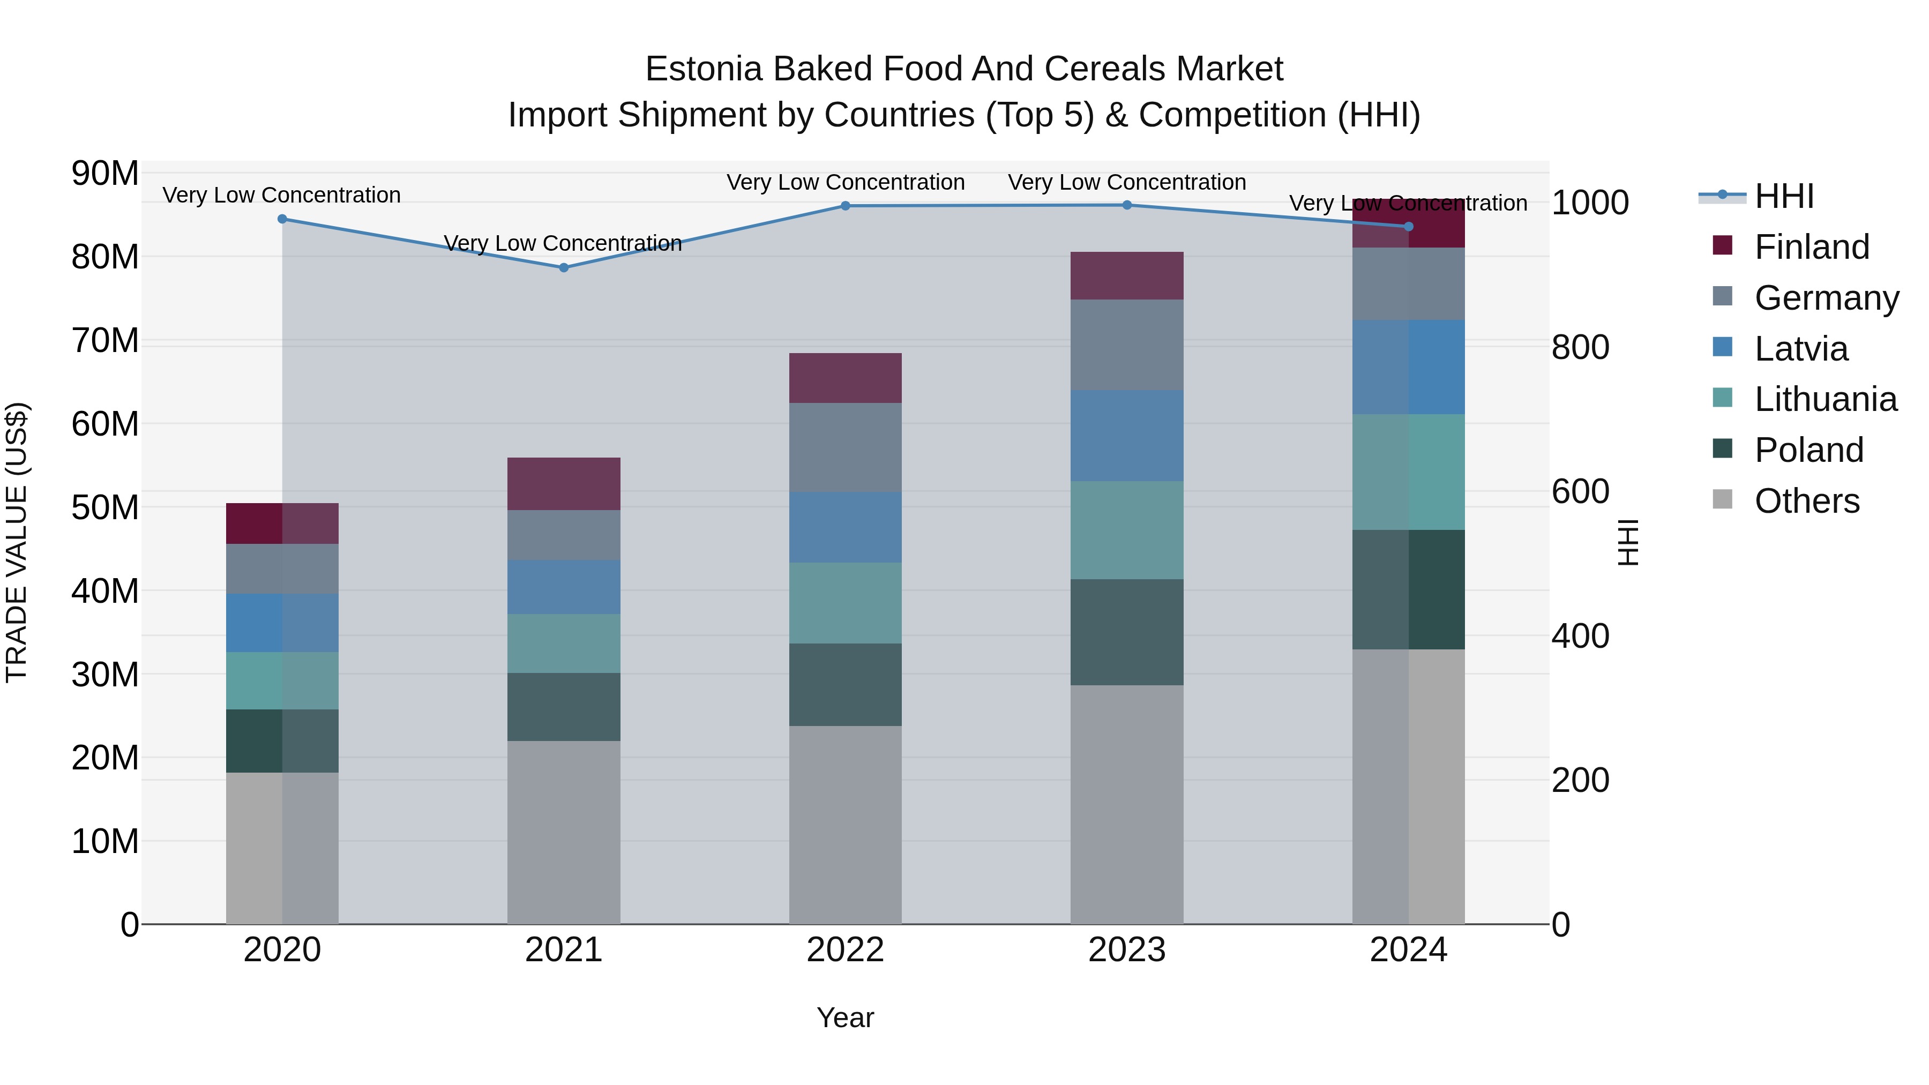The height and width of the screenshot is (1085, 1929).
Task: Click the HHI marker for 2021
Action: point(564,267)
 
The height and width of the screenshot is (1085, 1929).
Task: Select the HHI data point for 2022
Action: point(846,206)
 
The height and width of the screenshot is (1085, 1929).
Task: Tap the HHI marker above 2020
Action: point(282,219)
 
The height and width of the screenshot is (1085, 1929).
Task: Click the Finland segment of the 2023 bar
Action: point(1126,275)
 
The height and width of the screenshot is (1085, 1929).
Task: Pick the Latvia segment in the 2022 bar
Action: point(846,527)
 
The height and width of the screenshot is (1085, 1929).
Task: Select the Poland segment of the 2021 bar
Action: point(564,707)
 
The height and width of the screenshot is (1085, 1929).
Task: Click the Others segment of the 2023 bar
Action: point(1126,804)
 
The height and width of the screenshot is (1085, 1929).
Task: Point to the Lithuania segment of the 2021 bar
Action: point(564,643)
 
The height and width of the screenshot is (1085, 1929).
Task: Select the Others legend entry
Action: point(1806,501)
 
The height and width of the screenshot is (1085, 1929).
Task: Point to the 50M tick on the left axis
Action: point(105,508)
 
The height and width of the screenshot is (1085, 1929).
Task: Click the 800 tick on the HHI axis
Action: point(1580,347)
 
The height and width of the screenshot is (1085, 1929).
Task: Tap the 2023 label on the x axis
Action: point(1126,950)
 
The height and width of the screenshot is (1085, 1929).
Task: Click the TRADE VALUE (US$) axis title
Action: point(17,542)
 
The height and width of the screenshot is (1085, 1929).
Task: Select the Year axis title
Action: point(846,1017)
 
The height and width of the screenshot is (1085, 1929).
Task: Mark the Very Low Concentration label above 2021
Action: point(563,243)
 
